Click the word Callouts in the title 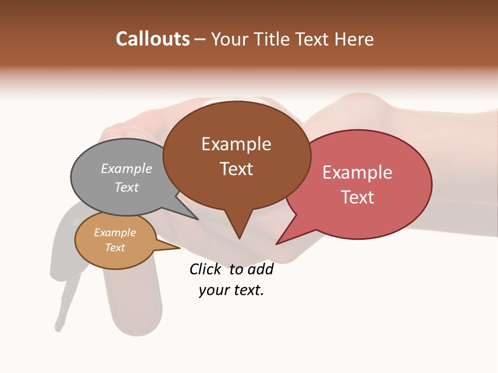(x=153, y=39)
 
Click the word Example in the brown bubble (x=236, y=144)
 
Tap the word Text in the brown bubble (x=236, y=169)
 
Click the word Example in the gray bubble (x=126, y=168)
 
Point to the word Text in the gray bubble (x=126, y=187)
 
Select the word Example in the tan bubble (x=115, y=233)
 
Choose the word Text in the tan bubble (x=115, y=248)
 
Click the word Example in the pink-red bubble (x=357, y=173)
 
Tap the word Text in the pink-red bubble (x=357, y=197)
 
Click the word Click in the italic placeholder (x=205, y=269)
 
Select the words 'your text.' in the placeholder (x=231, y=291)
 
